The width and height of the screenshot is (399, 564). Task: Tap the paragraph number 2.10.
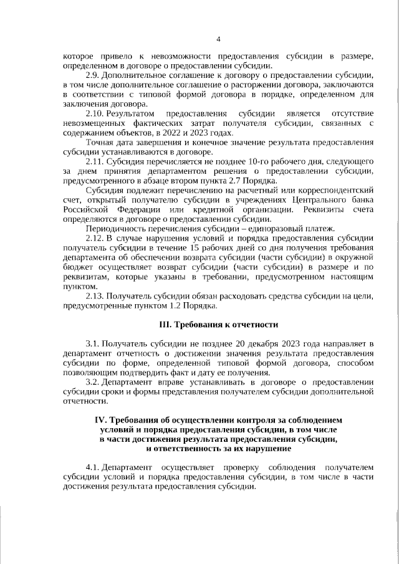coord(94,113)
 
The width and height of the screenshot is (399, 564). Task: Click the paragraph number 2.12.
coord(94,237)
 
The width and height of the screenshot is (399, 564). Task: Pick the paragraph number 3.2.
coord(92,381)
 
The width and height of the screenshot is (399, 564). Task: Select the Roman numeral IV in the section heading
coord(100,420)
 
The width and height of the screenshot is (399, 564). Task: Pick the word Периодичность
coord(117,227)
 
